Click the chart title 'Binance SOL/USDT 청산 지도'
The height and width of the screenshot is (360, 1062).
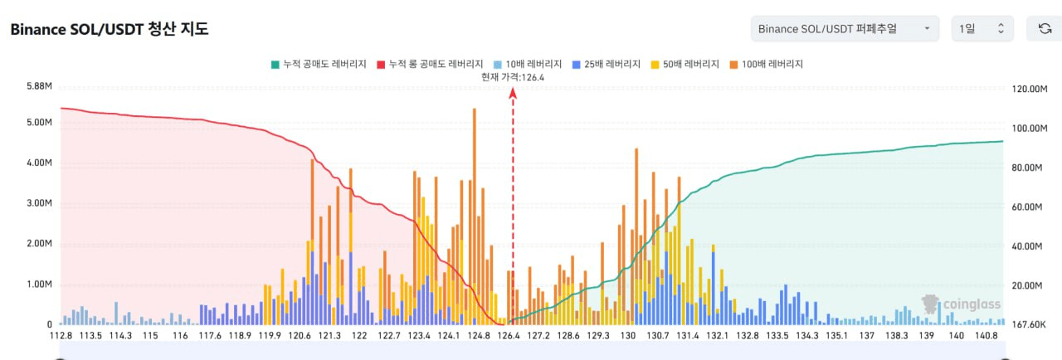coord(110,29)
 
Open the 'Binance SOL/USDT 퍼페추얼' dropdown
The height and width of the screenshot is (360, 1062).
coord(844,29)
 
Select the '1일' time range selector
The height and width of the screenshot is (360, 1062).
coord(982,29)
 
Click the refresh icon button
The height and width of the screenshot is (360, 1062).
coord(1045,29)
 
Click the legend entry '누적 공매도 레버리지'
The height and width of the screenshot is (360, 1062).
coord(319,64)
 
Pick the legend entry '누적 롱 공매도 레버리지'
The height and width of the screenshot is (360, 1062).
coord(430,64)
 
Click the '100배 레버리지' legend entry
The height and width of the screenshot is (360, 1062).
coord(767,64)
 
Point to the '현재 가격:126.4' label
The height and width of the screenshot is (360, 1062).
coord(513,77)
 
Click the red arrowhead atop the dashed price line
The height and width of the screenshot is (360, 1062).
coord(513,93)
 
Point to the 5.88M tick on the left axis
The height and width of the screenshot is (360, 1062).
coord(39,86)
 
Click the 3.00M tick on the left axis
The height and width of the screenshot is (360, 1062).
coord(39,203)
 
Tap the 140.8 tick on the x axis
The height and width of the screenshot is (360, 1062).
coord(986,336)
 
